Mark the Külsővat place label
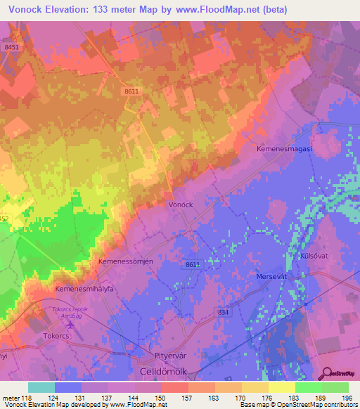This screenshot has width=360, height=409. click(316, 257)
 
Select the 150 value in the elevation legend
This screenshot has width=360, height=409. click(162, 398)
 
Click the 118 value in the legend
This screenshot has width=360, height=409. click(27, 398)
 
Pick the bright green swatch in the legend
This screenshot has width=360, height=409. click(309, 387)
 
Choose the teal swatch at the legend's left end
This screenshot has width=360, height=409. click(41, 387)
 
